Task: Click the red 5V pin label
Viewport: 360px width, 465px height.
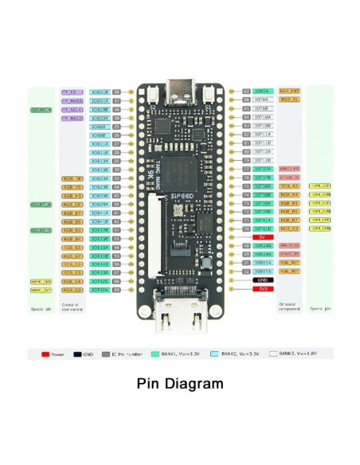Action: (262, 237)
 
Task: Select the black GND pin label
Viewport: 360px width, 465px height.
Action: (262, 280)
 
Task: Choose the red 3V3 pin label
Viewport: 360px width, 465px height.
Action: (262, 289)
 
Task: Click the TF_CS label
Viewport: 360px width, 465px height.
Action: (72, 92)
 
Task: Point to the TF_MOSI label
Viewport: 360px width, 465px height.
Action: (72, 101)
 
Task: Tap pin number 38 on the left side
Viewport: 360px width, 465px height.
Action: (116, 92)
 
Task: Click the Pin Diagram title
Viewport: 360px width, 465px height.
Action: (180, 384)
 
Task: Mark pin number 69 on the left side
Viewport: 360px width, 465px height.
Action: (116, 290)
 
